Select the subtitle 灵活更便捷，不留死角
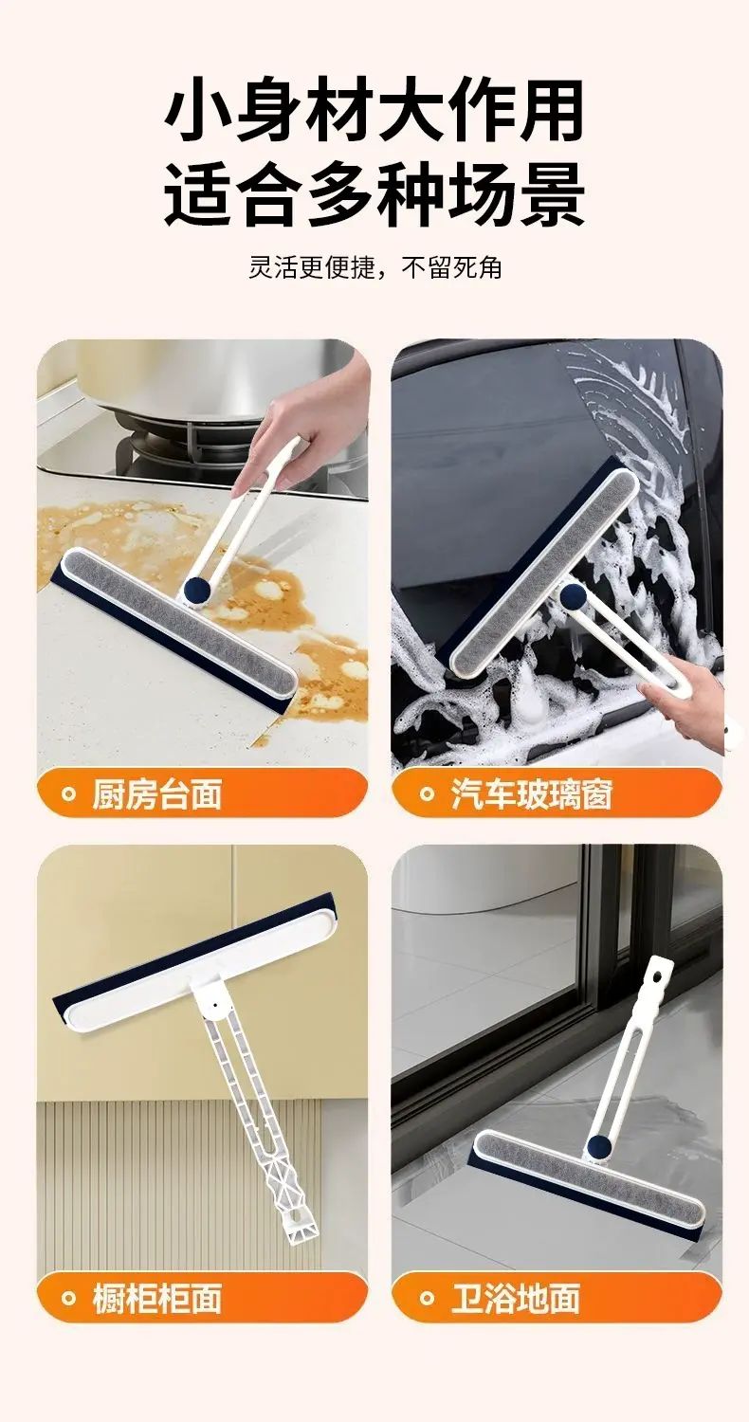tap(374, 267)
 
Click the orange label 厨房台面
tap(156, 794)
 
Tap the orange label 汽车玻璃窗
tap(531, 794)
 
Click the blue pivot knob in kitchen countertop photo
tap(195, 590)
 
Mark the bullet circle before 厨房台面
tap(67, 793)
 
